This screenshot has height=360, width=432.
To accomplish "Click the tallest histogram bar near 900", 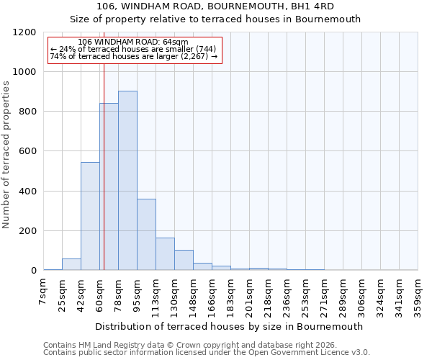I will point(127,180).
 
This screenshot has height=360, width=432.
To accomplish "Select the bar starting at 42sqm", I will point(90,216).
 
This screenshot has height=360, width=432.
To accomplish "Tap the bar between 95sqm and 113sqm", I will point(146,234).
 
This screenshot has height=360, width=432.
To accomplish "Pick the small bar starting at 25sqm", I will point(71,264).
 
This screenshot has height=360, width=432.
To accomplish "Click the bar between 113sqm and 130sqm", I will point(165,253).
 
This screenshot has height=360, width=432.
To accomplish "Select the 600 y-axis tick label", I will point(28,151).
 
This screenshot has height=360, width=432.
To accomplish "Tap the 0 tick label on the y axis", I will point(33,271).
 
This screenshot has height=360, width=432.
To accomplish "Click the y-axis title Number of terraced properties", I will point(6,155).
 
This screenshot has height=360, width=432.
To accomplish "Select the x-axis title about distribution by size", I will point(229,326).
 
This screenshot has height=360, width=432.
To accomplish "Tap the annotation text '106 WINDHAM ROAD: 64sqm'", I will point(133,42).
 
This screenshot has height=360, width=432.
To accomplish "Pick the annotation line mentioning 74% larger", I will point(133,56).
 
